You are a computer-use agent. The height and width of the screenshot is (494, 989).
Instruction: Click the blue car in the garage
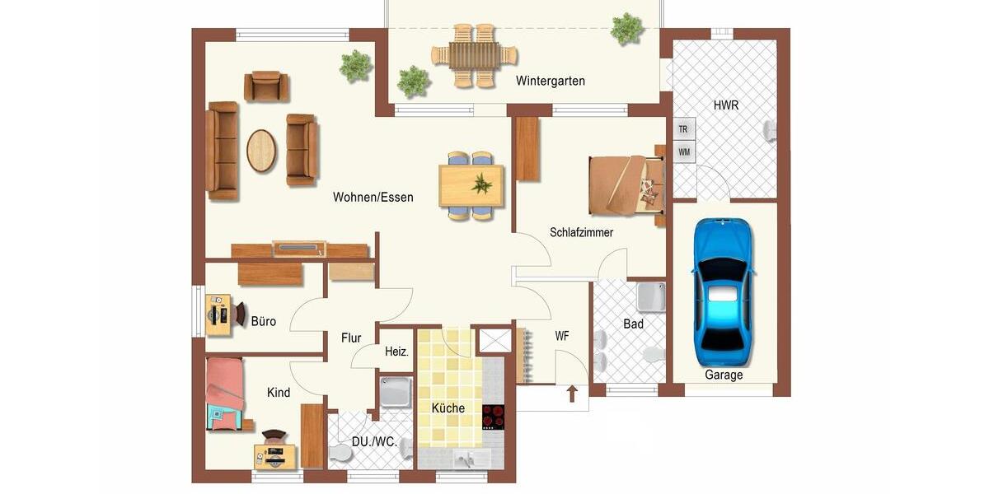(723, 292)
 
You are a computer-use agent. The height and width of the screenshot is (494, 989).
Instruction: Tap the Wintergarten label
(551, 81)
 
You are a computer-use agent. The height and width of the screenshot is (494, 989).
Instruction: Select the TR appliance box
(683, 129)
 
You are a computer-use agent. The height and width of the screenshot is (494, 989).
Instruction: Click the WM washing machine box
(683, 151)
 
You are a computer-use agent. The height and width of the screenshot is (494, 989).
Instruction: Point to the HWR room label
(726, 105)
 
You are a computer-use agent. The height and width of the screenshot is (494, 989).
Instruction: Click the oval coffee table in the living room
(261, 151)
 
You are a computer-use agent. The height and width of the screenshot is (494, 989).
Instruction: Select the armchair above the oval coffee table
(266, 86)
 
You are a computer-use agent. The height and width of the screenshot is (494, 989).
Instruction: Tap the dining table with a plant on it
(471, 185)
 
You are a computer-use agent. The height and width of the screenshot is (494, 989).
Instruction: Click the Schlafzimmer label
(581, 232)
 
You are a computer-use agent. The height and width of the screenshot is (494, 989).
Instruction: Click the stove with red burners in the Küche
(493, 416)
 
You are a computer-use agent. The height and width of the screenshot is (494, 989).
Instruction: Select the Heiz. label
(396, 352)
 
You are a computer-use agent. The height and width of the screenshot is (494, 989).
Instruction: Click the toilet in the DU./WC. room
(340, 454)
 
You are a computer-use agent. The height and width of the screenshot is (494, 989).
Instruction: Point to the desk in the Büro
(218, 315)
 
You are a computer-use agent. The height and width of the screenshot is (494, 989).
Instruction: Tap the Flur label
(351, 338)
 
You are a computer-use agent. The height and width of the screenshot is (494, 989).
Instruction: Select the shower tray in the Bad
(650, 296)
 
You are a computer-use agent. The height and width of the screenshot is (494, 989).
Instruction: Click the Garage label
(724, 375)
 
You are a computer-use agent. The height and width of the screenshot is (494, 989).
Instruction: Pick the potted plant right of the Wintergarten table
(627, 29)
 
